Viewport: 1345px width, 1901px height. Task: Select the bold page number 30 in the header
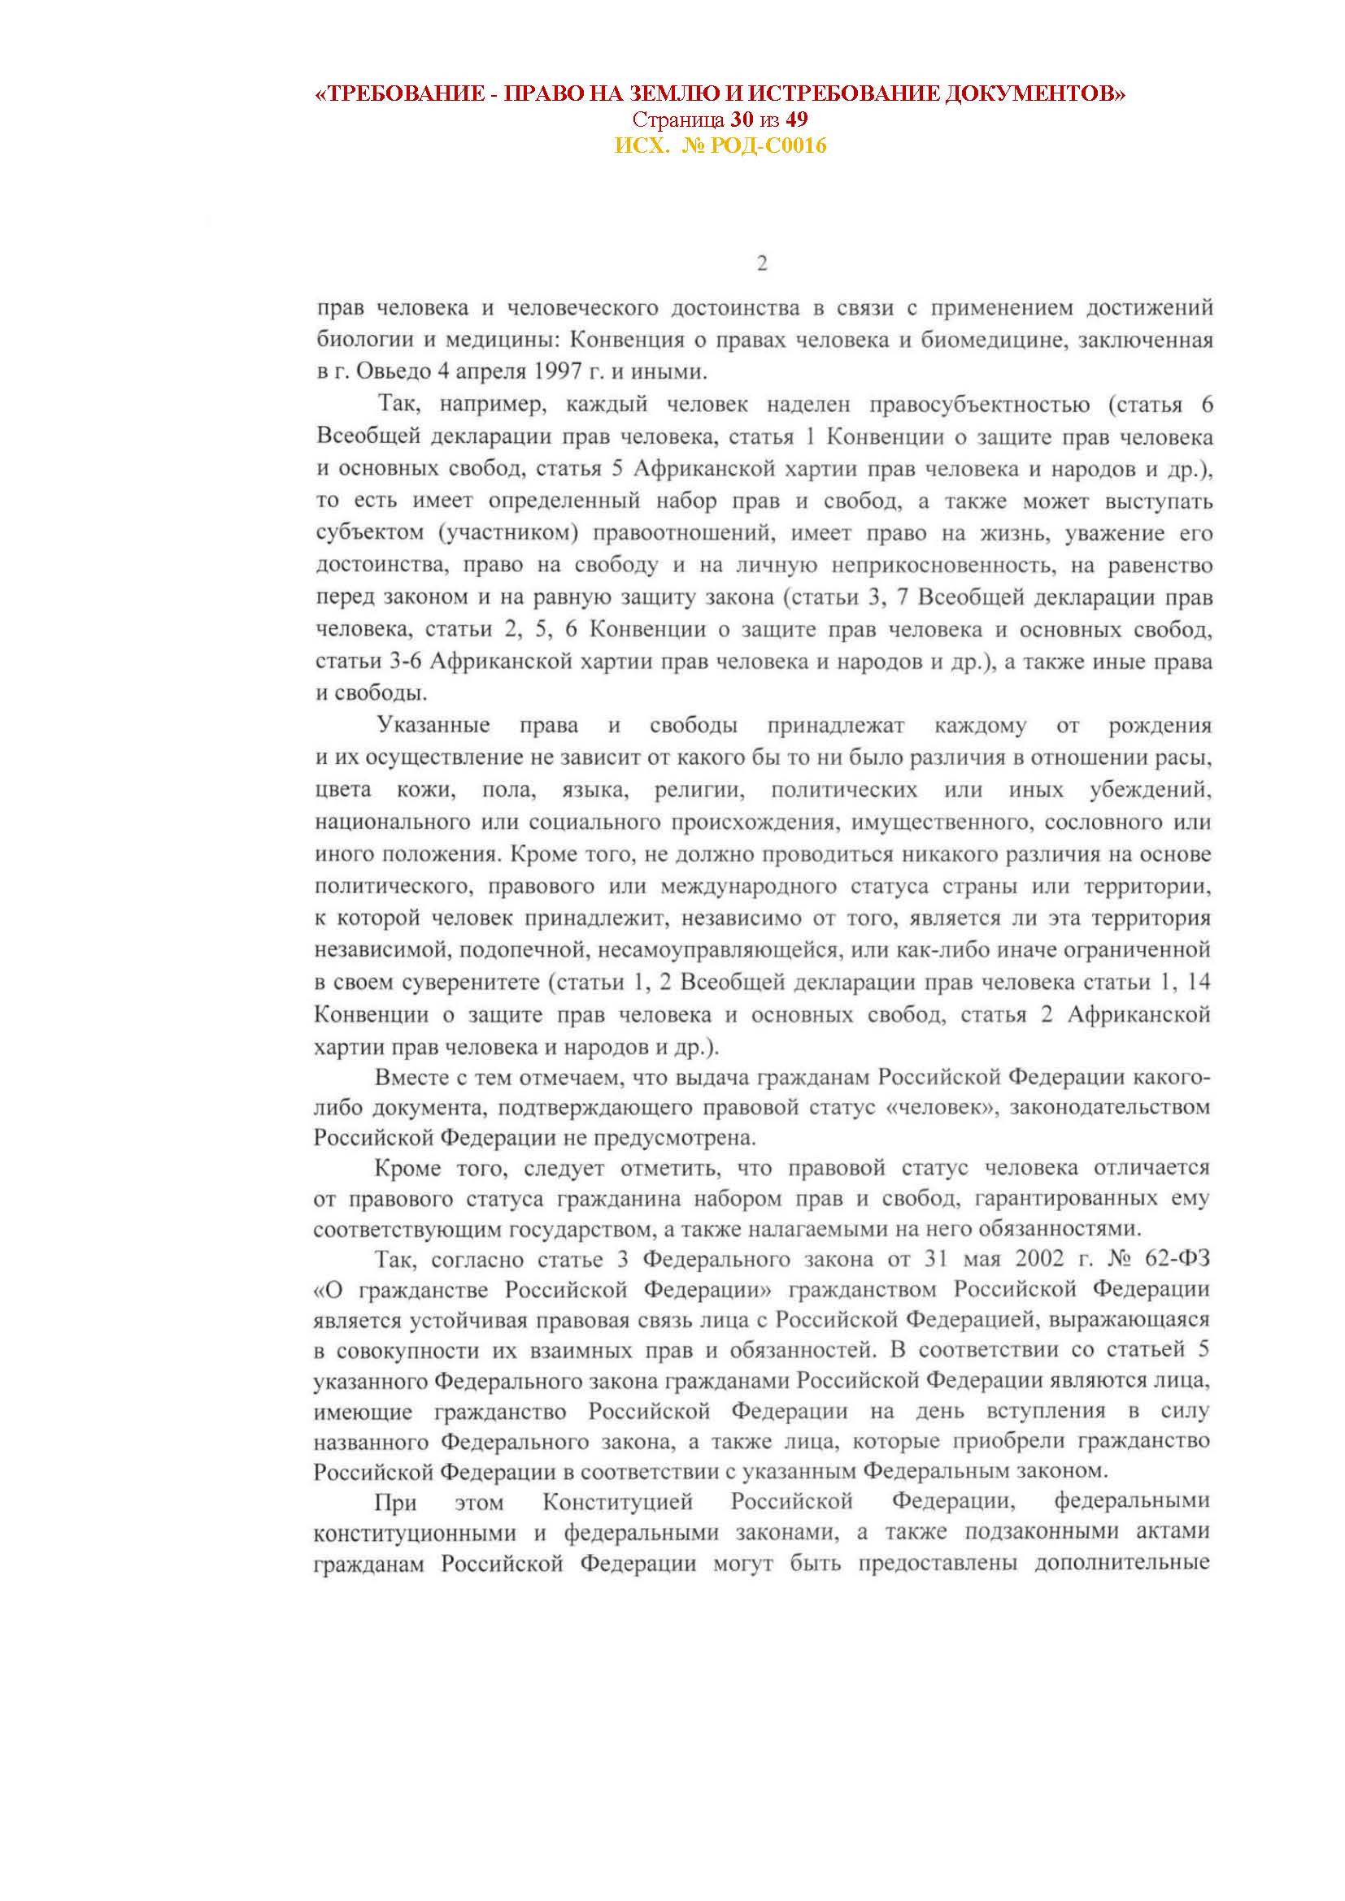pos(742,120)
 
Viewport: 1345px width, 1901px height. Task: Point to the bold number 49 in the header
pos(797,120)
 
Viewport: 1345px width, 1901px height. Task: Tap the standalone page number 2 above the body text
pos(762,263)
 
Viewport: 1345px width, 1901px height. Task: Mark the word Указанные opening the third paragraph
pos(434,726)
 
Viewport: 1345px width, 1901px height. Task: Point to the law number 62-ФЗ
pos(1176,1261)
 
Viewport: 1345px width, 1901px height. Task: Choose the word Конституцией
pos(617,1502)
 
